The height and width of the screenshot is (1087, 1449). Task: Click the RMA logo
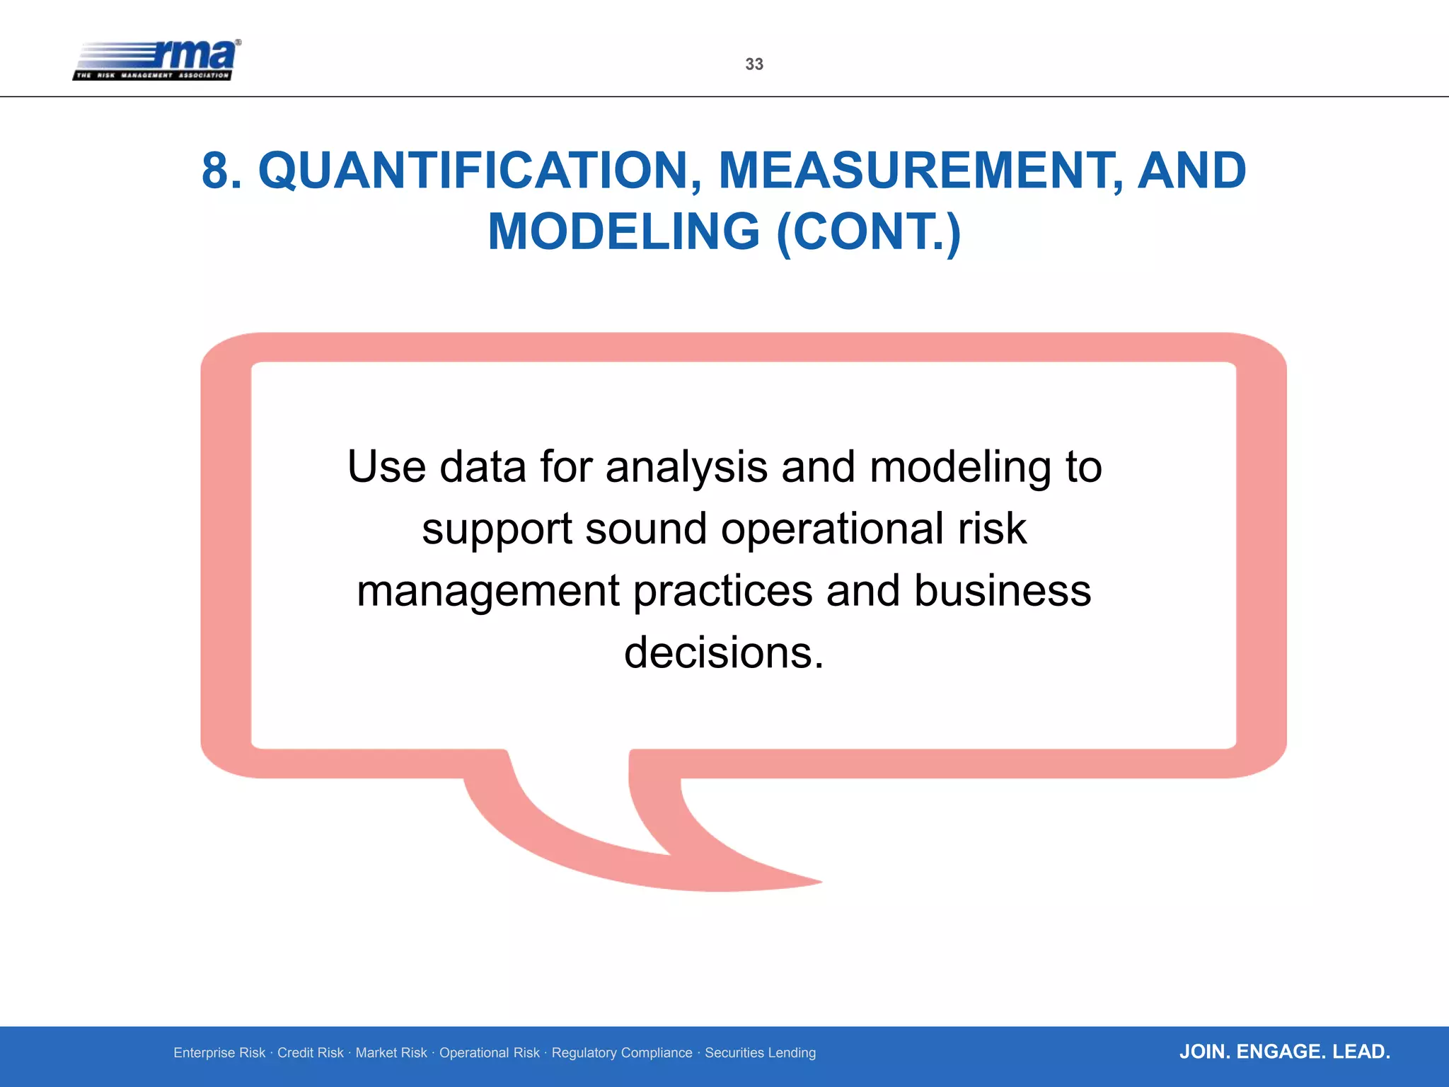tap(157, 59)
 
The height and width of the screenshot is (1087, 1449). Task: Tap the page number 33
tap(754, 64)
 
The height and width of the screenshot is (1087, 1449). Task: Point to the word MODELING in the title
tap(623, 232)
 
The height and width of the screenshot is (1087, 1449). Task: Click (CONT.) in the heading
tap(868, 232)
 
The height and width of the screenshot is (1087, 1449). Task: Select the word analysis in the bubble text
tap(686, 467)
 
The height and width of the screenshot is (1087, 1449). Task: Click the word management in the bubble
tap(488, 592)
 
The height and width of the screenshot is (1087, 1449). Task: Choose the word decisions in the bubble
tap(723, 652)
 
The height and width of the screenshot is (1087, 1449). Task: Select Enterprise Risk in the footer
tap(219, 1053)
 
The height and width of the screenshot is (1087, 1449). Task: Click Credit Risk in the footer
tap(310, 1053)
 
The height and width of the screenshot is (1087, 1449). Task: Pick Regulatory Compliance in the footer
tap(622, 1053)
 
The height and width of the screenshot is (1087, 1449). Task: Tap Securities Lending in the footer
tap(760, 1053)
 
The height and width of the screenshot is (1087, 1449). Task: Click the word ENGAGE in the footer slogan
tap(1281, 1052)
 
